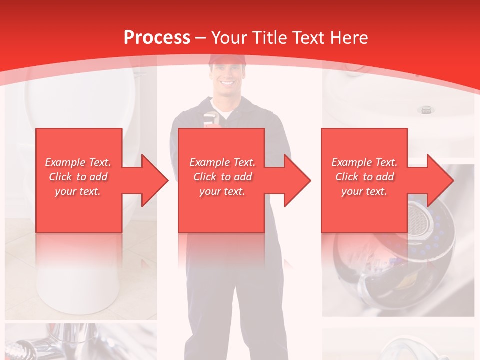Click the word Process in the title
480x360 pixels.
tap(157, 37)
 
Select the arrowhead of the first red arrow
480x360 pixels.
tap(154, 180)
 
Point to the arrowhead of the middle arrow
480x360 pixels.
tap(297, 180)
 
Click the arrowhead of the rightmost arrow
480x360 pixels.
tap(440, 180)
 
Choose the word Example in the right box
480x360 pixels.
tap(352, 162)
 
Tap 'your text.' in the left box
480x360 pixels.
tap(78, 191)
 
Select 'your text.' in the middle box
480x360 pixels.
tap(222, 191)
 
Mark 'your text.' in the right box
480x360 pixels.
tap(364, 191)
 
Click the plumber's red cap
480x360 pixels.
tap(227, 60)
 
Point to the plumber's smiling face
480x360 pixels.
tap(227, 80)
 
